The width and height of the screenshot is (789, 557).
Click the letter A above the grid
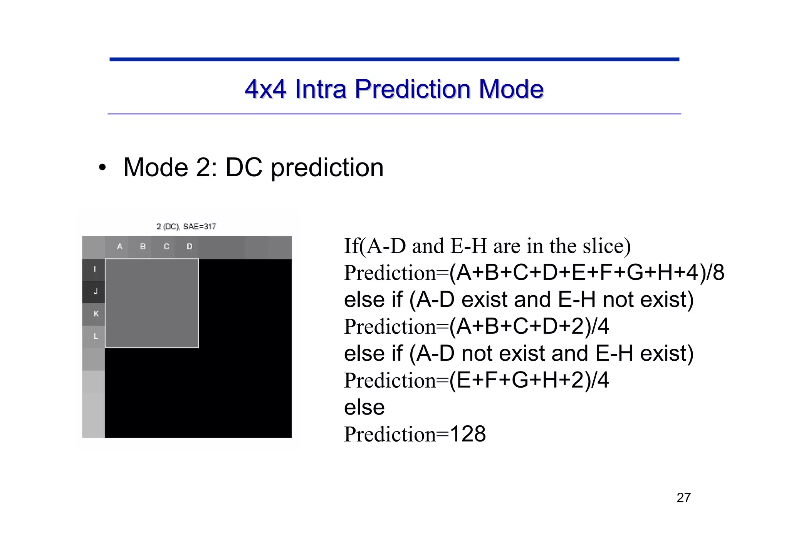click(120, 246)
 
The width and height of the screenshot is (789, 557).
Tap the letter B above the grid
click(143, 246)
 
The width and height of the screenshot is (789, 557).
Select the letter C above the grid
click(166, 246)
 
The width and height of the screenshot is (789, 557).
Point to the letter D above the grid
click(190, 246)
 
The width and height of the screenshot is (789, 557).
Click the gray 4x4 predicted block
click(151, 303)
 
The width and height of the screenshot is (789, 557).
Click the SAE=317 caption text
click(200, 226)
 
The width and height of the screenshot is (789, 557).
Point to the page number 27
click(683, 498)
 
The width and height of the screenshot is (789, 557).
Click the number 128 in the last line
click(468, 434)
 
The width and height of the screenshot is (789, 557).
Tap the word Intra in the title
click(321, 89)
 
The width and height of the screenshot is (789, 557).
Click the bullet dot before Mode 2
click(102, 168)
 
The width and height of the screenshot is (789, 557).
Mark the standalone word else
click(364, 407)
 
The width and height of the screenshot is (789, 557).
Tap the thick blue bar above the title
click(394, 59)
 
